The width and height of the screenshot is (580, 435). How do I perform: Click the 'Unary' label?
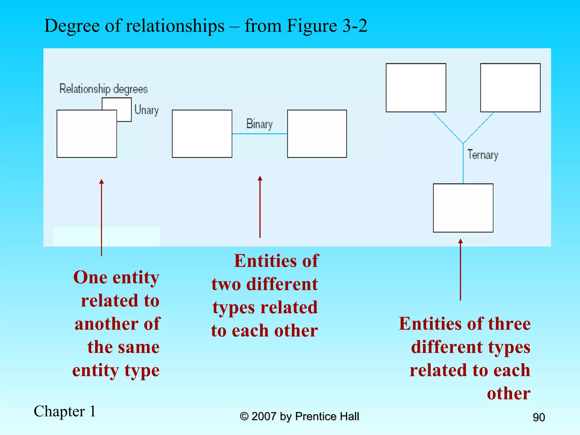tap(146, 110)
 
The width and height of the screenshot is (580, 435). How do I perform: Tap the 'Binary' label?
tap(259, 124)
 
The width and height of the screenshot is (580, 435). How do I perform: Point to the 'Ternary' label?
tap(483, 155)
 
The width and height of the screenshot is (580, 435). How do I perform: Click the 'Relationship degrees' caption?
tap(103, 89)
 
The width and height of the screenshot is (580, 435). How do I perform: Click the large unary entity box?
tap(87, 134)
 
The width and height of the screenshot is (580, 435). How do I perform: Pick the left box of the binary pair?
tap(202, 134)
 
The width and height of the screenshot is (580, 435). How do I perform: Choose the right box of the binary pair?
tap(317, 134)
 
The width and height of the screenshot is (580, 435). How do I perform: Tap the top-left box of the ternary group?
tap(416, 88)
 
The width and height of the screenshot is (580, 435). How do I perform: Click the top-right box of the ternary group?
tap(510, 88)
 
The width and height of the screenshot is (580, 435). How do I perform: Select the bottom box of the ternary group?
tap(463, 208)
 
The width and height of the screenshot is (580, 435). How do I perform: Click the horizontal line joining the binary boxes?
tap(259, 134)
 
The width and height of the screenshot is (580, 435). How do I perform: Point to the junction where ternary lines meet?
tap(463, 144)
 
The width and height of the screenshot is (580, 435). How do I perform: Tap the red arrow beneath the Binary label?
tap(260, 207)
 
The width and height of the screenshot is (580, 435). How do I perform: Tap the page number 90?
tap(539, 417)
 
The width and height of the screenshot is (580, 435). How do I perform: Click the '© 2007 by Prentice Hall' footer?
tap(299, 416)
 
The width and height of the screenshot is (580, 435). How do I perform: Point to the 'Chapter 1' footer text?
tap(65, 411)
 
